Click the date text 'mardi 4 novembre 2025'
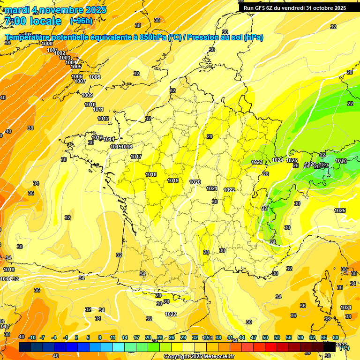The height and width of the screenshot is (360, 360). tap(55, 10)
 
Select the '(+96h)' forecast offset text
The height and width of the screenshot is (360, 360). tap(81, 21)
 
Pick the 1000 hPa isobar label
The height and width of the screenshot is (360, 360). tap(47, 44)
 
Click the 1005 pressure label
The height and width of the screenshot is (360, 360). tap(76, 67)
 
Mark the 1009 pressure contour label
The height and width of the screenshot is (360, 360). tap(87, 95)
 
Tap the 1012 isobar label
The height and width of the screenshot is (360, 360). tap(103, 119)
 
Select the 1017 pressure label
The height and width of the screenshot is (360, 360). tap(136, 157)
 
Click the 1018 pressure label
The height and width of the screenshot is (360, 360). tap(151, 174)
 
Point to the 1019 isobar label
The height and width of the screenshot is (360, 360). tap(173, 180)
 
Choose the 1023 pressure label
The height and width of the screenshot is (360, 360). tap(257, 162)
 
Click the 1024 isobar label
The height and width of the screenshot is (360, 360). tap(277, 160)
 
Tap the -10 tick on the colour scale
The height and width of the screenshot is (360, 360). tap(32, 337)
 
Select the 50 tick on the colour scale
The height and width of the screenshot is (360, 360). tap(265, 337)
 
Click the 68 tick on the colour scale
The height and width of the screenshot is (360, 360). tap(336, 337)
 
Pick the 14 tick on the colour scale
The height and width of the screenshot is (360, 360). tap(125, 337)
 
